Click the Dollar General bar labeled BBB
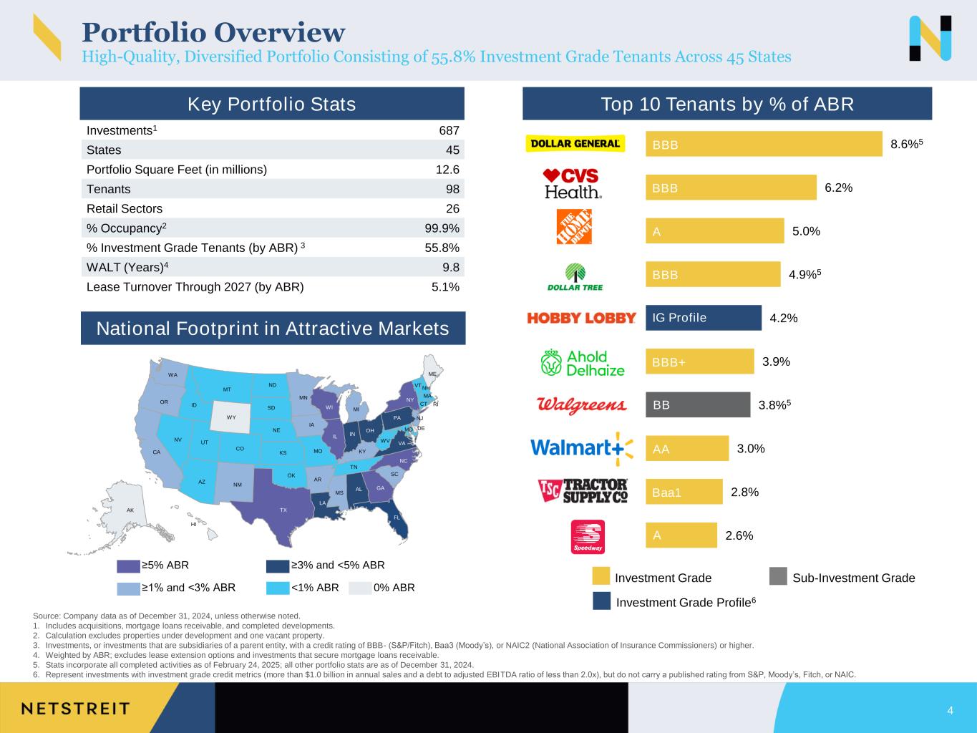pos(764,144)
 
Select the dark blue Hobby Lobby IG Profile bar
pos(704,317)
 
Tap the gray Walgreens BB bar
pos(698,404)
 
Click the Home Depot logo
pos(574,226)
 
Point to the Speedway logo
pos(588,537)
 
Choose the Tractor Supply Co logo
pos(583,491)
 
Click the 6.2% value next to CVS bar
pos(839,188)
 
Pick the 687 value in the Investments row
pos(449,130)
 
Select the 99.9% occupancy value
pos(442,228)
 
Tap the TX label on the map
pos(283,510)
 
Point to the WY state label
pos(231,417)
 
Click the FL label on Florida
pos(397,518)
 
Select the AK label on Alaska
pos(130,510)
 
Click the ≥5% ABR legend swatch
pos(128,566)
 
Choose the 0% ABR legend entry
pos(382,588)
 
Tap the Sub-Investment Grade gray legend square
pos(778,576)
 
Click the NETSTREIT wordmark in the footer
pos(76,709)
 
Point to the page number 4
pos(950,710)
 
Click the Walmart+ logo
pos(582,448)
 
